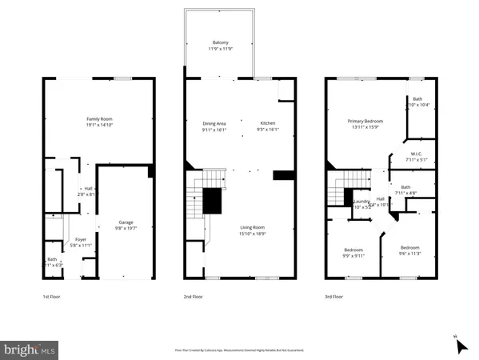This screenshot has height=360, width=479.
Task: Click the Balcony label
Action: tap(220, 42)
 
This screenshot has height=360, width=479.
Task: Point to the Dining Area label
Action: tap(214, 123)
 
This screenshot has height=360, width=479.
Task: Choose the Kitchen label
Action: tap(266, 123)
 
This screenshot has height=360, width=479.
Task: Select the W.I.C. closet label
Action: tap(417, 154)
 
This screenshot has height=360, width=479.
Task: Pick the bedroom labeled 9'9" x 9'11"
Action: tap(353, 249)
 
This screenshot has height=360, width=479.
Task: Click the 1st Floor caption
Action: tap(52, 297)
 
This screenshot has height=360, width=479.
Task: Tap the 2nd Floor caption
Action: tap(194, 297)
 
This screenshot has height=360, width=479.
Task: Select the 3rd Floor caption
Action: tap(334, 297)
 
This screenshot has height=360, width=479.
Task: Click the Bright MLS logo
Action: tap(30, 350)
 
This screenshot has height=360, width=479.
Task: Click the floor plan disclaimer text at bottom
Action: tap(239, 350)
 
